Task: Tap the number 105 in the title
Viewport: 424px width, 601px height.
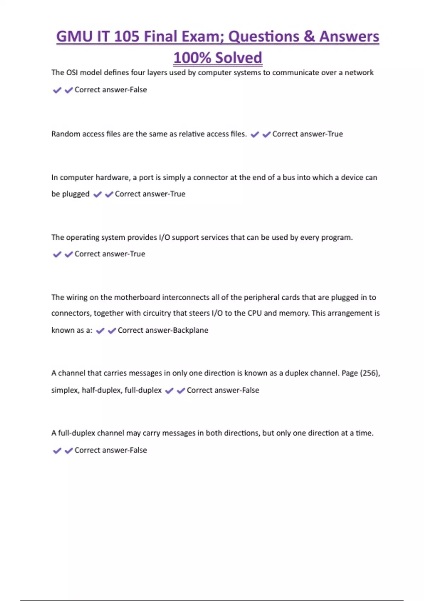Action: click(x=127, y=37)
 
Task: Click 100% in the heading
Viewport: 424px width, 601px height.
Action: click(x=192, y=58)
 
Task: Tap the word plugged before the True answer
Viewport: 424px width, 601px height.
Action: click(x=76, y=194)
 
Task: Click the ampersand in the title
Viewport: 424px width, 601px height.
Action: click(x=309, y=37)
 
